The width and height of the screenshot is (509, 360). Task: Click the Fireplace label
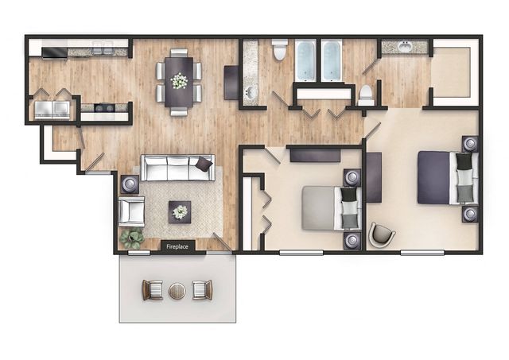(x=177, y=246)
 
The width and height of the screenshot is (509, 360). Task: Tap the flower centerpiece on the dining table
(x=179, y=81)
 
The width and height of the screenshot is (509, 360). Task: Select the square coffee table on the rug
(x=180, y=212)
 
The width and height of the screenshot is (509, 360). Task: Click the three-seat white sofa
(x=177, y=168)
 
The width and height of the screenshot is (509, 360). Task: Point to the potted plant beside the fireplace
(x=132, y=238)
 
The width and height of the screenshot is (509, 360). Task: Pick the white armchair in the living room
(x=131, y=211)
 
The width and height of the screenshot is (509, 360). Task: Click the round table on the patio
(x=177, y=291)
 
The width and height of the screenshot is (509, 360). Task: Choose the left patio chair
(x=152, y=290)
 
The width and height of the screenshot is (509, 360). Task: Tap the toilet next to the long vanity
(x=279, y=49)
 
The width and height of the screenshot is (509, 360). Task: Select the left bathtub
(x=305, y=60)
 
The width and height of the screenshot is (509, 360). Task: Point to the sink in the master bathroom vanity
(x=404, y=46)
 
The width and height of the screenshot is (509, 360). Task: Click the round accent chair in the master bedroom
(x=382, y=234)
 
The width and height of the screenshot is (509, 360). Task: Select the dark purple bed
(x=448, y=177)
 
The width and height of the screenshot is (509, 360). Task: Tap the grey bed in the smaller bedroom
(x=331, y=207)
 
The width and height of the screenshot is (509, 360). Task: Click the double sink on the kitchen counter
(x=101, y=50)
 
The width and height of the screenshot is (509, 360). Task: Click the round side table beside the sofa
(x=130, y=184)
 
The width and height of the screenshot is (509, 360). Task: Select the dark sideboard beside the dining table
(x=231, y=83)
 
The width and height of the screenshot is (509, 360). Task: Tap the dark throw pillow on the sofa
(x=204, y=165)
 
